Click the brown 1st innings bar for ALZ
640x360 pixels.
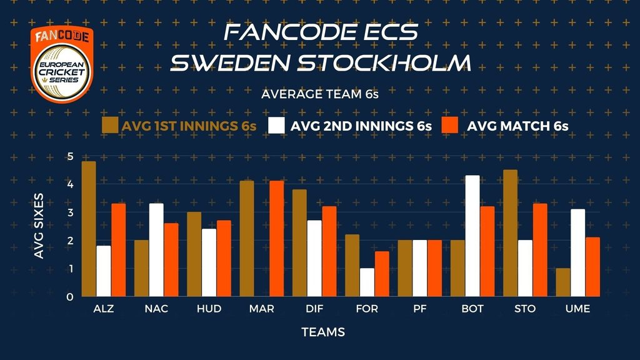[x=89, y=229]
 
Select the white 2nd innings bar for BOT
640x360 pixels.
[x=472, y=236]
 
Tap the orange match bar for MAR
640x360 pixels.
[x=277, y=238]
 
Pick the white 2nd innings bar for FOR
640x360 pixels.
[x=367, y=282]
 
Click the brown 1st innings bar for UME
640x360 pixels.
[x=563, y=282]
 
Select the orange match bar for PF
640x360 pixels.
[x=435, y=268]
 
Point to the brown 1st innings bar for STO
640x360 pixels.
[x=510, y=233]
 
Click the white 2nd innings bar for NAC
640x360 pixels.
[x=156, y=250]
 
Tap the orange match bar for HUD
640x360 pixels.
[x=224, y=258]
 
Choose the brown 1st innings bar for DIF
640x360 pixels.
[x=299, y=243]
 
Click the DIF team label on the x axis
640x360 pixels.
[x=314, y=309]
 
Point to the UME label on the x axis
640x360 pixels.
[x=577, y=309]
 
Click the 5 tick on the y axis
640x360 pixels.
[x=70, y=156]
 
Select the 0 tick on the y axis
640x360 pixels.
[x=70, y=297]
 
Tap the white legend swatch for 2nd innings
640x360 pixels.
[x=276, y=125]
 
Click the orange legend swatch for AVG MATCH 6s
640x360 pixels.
[x=450, y=125]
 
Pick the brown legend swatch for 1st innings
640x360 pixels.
[x=110, y=125]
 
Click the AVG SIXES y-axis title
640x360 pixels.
[x=39, y=226]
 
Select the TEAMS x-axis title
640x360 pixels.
[x=323, y=332]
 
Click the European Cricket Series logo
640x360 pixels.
[x=62, y=64]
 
